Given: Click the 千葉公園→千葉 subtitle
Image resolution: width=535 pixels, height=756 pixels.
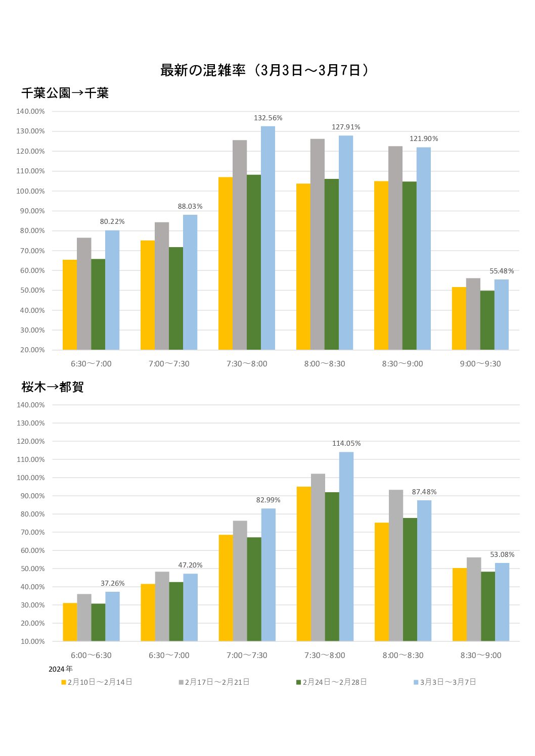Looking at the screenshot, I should point(65,93).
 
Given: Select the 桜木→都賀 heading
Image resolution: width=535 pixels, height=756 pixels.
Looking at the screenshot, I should point(53,387).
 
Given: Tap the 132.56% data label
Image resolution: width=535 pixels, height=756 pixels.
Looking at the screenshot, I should point(268,118).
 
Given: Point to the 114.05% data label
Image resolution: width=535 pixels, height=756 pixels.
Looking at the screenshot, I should point(346,444).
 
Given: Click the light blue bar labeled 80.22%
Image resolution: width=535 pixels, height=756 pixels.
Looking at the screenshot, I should point(112,290).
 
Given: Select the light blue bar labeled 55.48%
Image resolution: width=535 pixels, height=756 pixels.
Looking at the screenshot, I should point(502,314).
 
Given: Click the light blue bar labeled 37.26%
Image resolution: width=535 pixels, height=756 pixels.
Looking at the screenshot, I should point(113,617).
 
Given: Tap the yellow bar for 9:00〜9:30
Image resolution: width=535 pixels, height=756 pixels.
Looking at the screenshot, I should point(459,318).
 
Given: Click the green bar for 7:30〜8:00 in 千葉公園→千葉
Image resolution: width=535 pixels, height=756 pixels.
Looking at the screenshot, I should point(254,262).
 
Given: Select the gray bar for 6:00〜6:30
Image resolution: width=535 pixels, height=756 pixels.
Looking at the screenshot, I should point(84,618).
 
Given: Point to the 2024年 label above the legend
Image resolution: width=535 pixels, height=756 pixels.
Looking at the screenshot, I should point(61,669).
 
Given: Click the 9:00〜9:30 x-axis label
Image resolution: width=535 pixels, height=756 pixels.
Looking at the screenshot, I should point(480,364).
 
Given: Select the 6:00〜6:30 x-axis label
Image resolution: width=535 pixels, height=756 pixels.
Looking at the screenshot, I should point(91,655).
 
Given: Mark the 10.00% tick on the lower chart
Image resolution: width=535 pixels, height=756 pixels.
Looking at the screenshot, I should point(31,641).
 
